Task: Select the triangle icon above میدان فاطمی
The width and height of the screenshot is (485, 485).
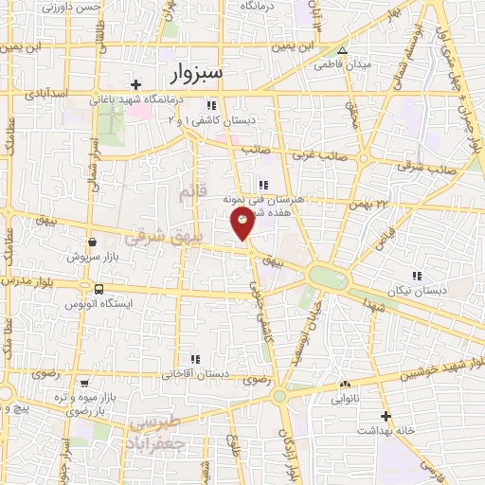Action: pos(343,50)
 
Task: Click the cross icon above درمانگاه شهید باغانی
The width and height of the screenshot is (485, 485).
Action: pos(136,83)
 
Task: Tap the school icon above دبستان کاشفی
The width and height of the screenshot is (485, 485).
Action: pos(213,106)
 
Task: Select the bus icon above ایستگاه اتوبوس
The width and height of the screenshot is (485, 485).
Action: pos(99,290)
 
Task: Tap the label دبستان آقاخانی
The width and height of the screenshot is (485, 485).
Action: pos(195,373)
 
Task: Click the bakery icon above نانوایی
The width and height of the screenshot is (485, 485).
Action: pos(344,385)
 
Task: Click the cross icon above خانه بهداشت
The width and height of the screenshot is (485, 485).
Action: pos(386,416)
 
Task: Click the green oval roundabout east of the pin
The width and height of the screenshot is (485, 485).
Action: pos(328,278)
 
